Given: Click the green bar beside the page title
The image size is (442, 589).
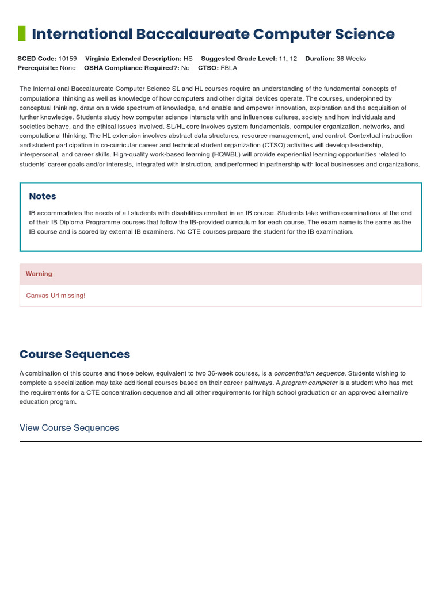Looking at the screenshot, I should (22, 34).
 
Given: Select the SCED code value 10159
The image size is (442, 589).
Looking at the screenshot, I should (67, 59).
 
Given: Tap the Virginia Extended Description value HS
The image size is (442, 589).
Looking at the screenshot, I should (188, 59).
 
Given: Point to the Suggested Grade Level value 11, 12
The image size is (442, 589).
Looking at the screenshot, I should (288, 59).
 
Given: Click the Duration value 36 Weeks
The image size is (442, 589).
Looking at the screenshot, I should (351, 59).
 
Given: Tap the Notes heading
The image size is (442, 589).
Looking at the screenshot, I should (43, 196).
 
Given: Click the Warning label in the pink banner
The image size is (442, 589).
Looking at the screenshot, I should (39, 274).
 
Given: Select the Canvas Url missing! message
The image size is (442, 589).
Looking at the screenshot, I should (56, 296).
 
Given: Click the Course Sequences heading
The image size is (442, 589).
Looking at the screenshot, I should (75, 354).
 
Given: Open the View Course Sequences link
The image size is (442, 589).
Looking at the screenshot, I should (69, 428).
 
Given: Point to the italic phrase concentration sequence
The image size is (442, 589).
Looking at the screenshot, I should (310, 373).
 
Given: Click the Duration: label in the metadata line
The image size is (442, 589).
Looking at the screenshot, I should (320, 59).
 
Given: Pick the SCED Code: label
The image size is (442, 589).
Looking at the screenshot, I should (37, 59).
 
